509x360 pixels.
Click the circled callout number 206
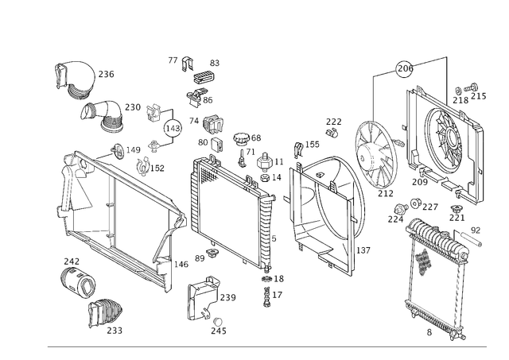(405, 68)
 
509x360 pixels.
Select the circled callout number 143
(173, 128)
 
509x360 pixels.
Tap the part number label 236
(106, 74)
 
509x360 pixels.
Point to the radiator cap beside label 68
(240, 139)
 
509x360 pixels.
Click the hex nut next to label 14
(265, 178)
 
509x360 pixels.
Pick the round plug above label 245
(218, 322)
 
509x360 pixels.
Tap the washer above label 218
(459, 91)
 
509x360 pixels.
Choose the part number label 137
(363, 250)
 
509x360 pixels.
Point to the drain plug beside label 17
(267, 297)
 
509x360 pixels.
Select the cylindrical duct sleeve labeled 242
(78, 281)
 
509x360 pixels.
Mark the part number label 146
(181, 265)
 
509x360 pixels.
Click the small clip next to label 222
(332, 133)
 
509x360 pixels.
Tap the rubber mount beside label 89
(212, 253)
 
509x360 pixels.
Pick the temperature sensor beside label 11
(265, 162)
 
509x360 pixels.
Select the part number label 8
(429, 332)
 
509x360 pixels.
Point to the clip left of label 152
(142, 166)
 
